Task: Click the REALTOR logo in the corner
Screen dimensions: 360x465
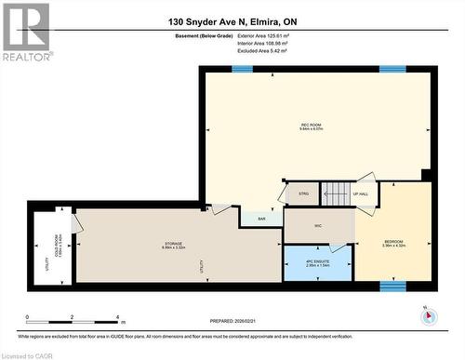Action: click(25, 32)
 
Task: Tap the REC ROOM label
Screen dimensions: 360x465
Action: click(312, 127)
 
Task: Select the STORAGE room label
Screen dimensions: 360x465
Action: click(175, 246)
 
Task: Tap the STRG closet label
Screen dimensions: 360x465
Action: click(302, 194)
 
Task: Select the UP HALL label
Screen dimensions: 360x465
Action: click(363, 194)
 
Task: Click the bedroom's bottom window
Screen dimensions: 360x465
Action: click(393, 285)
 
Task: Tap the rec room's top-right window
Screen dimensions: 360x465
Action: click(391, 69)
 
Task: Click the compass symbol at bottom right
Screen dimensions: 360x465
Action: click(429, 314)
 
